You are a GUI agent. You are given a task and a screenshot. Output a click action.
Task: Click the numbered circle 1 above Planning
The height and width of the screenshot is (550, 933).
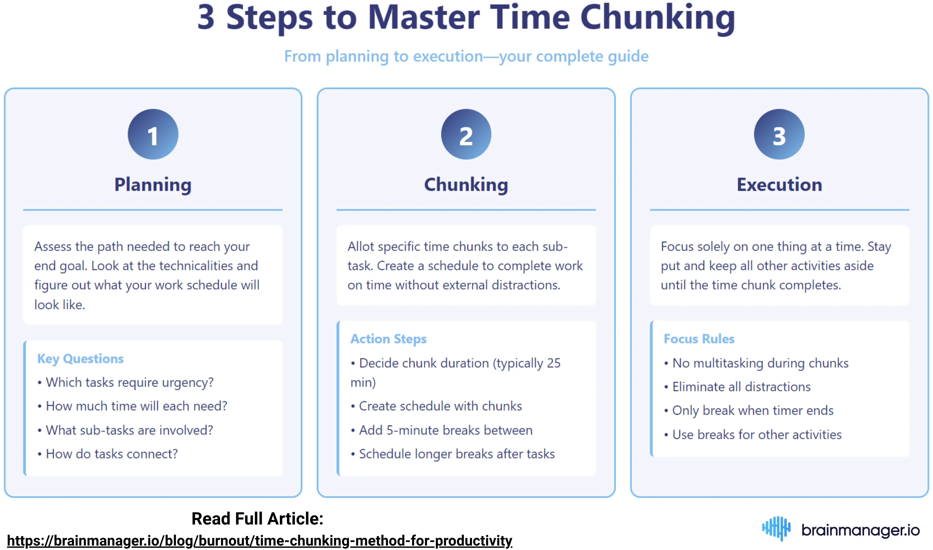(153, 134)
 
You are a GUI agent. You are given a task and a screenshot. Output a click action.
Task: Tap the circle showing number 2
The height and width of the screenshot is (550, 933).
(466, 134)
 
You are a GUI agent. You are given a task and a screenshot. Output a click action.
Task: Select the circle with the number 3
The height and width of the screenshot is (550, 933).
(779, 134)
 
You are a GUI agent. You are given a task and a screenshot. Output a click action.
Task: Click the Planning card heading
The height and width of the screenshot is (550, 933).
(153, 184)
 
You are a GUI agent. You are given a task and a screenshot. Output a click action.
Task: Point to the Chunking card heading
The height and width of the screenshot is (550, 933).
(466, 184)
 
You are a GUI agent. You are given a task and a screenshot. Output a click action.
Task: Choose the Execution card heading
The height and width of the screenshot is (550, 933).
(779, 184)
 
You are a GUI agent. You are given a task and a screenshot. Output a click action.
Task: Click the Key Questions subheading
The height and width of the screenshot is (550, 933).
(81, 358)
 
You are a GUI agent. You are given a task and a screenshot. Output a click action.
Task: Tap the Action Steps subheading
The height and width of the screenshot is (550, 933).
(388, 339)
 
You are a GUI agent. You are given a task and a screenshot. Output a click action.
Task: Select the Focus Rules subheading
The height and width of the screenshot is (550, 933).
(699, 339)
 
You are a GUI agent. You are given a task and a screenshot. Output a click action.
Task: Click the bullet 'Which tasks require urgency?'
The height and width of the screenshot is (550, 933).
(130, 383)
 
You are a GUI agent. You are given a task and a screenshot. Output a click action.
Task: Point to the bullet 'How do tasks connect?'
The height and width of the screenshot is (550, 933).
(112, 454)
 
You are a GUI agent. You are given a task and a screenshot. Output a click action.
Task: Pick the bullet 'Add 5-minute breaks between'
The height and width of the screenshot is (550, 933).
(445, 430)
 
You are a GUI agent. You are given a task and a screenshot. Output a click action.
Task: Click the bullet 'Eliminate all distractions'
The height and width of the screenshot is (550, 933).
(741, 387)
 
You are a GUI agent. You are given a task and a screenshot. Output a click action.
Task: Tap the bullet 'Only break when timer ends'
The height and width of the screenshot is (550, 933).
(752, 411)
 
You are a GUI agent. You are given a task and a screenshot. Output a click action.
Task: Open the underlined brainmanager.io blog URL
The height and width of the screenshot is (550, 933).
(259, 540)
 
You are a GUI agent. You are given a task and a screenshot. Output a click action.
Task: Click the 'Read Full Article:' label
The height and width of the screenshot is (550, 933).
(257, 518)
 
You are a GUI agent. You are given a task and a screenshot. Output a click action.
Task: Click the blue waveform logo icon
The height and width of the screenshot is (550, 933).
(776, 528)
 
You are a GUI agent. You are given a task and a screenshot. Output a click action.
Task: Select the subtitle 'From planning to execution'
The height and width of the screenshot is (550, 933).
(466, 56)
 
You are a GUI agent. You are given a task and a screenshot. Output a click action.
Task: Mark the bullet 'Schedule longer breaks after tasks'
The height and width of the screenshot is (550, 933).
(457, 454)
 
